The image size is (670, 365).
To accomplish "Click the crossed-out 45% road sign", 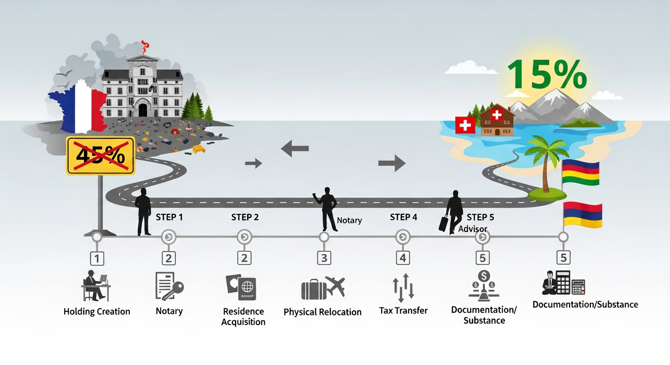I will (x=100, y=155).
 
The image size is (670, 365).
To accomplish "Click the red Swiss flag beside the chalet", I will (x=465, y=125).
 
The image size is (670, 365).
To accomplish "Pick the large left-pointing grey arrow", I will (x=295, y=149).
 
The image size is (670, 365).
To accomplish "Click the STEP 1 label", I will (x=169, y=217).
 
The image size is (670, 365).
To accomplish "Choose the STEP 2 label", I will (x=245, y=217).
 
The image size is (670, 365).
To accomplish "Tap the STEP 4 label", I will (x=403, y=217).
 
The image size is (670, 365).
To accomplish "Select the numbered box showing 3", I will (x=324, y=258).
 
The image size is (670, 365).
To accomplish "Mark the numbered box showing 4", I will (x=403, y=258).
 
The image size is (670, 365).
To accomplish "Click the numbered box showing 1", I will (x=97, y=259).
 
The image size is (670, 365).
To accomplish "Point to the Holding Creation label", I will (x=97, y=312).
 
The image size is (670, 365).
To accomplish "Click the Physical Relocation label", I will (x=323, y=312).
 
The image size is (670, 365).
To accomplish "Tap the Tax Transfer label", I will (x=403, y=311).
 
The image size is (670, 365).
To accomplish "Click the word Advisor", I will (x=473, y=229).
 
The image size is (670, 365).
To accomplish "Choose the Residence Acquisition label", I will (x=244, y=317).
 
